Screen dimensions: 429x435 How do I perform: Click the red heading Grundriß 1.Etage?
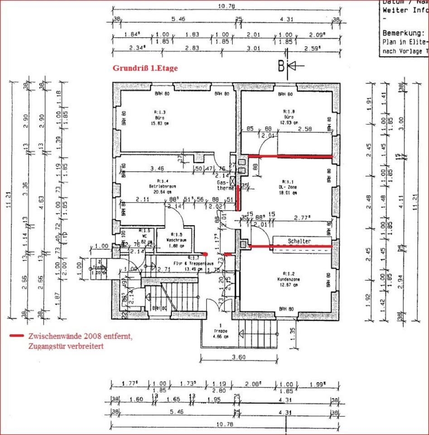point(145,68)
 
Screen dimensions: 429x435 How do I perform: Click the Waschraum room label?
point(174,240)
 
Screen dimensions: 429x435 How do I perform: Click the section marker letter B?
point(281,66)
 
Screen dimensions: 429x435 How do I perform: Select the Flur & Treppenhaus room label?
point(187,263)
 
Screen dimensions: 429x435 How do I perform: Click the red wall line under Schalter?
point(290,246)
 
